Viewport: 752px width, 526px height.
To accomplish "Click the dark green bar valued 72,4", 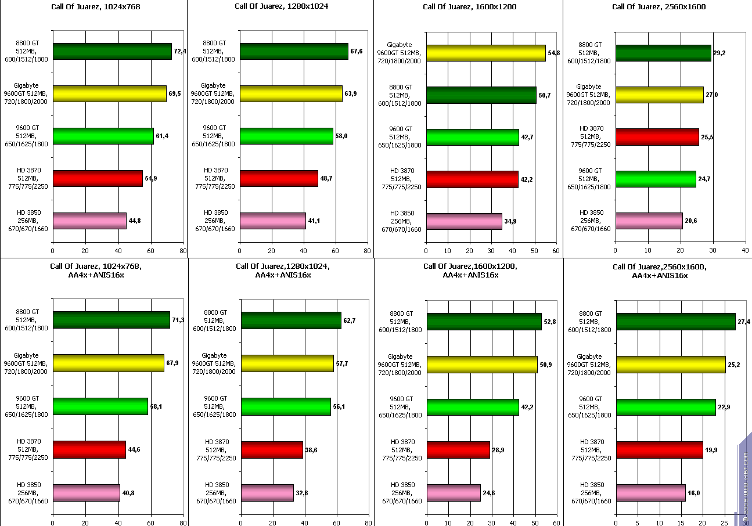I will pyautogui.click(x=112, y=51).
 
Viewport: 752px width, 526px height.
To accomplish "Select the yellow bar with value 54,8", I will pyautogui.click(x=485, y=53).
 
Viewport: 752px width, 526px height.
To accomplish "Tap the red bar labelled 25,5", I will pyautogui.click(x=657, y=136).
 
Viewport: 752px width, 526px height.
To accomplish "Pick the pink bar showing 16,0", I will pyautogui.click(x=650, y=493).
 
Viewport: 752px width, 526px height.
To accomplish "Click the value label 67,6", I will pyautogui.click(x=357, y=52).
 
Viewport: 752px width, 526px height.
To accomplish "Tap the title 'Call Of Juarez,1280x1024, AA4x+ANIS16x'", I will pyautogui.click(x=283, y=271).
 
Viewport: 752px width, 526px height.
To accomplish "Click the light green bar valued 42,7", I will pyautogui.click(x=472, y=137).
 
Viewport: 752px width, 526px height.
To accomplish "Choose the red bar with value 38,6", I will pyautogui.click(x=272, y=450).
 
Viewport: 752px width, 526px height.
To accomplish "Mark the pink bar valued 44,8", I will pyautogui.click(x=89, y=221).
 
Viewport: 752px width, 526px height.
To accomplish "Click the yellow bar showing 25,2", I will pyautogui.click(x=670, y=365).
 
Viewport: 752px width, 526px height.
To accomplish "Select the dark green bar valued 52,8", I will pyautogui.click(x=484, y=321).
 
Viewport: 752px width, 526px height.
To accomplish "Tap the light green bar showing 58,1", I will pyautogui.click(x=100, y=406).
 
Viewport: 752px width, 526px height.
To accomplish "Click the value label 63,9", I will pyautogui.click(x=351, y=94).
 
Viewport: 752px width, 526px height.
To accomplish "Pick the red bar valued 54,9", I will pyautogui.click(x=98, y=178).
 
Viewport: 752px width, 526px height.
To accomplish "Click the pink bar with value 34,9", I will pyautogui.click(x=464, y=221).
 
